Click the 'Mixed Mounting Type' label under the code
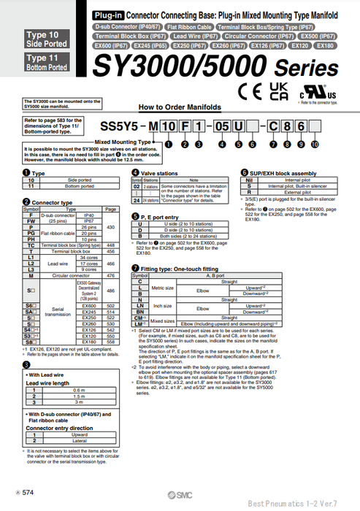(126, 142)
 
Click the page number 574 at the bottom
(27, 495)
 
